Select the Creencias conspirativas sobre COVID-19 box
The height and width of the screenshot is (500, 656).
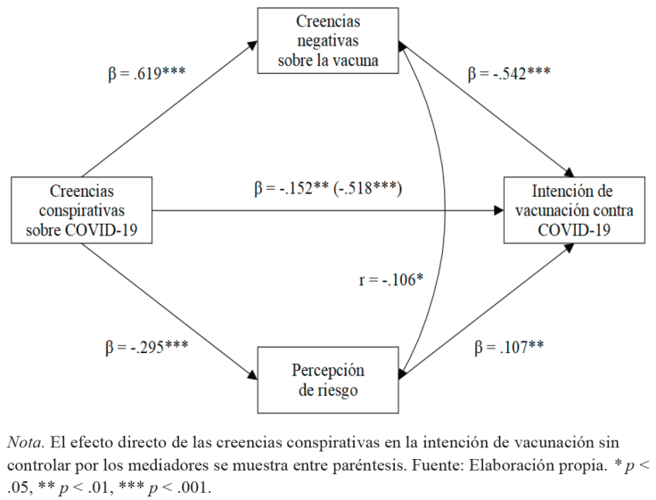[81, 211]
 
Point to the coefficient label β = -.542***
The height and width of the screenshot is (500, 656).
[509, 73]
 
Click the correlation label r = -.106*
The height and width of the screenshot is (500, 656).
[390, 280]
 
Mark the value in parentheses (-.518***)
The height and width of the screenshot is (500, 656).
[368, 188]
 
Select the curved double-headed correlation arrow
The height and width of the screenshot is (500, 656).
[442, 205]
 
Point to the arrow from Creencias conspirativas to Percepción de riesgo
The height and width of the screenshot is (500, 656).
[169, 311]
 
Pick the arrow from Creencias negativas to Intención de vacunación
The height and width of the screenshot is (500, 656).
[486, 109]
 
